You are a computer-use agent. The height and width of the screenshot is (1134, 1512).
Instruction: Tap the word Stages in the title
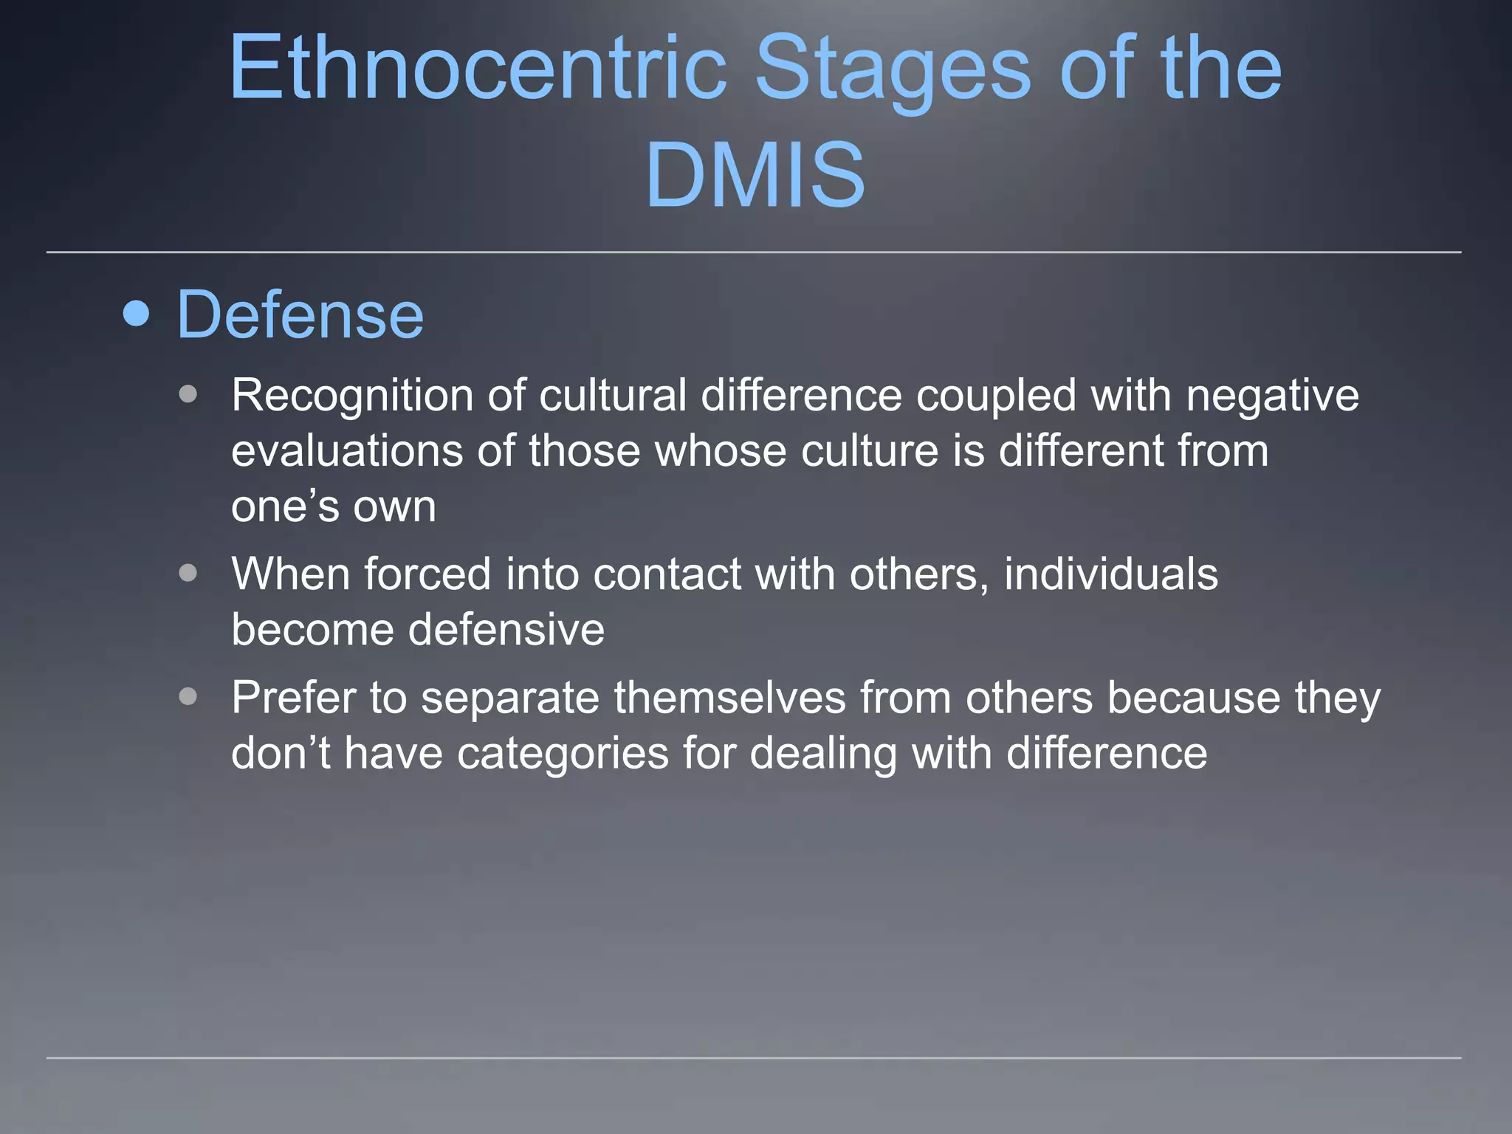(x=892, y=68)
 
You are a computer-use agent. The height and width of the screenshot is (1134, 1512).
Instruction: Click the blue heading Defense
(x=300, y=315)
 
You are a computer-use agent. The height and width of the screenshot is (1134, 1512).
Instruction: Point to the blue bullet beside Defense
(x=137, y=313)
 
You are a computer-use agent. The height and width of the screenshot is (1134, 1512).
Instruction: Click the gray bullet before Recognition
(x=188, y=394)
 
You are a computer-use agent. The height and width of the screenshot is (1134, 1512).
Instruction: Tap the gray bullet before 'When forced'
(x=188, y=573)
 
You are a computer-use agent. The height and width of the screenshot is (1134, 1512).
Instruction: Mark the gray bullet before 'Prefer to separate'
(x=188, y=696)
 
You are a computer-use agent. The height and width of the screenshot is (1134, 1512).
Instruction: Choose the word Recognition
(x=352, y=396)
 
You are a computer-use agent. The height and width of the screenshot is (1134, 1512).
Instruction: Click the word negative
(x=1272, y=396)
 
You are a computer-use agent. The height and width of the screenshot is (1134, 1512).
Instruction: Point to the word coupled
(x=996, y=396)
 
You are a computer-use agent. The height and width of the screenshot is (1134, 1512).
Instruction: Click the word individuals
(x=1110, y=574)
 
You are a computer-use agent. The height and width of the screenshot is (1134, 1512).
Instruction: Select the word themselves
(x=729, y=698)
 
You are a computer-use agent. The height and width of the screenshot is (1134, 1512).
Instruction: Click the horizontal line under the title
(x=753, y=252)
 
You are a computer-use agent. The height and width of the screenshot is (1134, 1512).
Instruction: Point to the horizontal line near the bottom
(x=753, y=1058)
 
